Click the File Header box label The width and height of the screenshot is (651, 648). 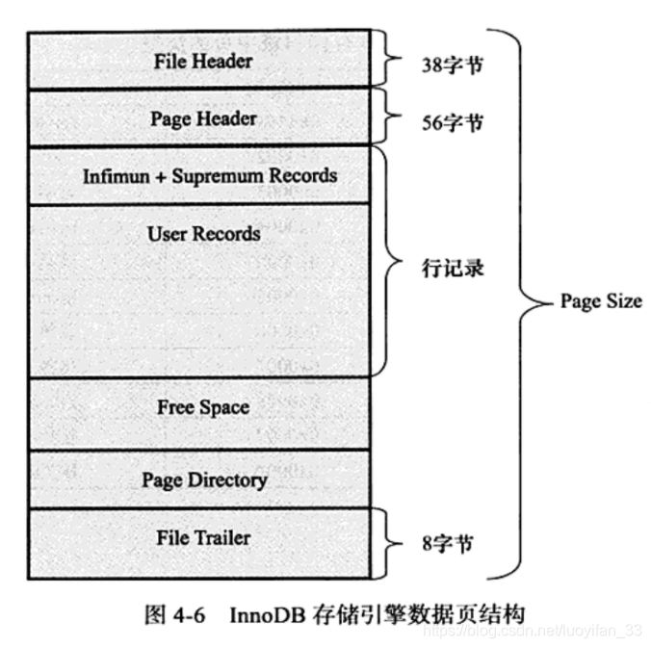click(202, 61)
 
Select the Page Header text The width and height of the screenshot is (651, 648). click(203, 118)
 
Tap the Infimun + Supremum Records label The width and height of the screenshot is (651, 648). click(210, 176)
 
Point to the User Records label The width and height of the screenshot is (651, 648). click(203, 234)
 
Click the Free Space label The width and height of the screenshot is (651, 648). click(203, 407)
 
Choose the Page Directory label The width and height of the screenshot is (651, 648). click(204, 479)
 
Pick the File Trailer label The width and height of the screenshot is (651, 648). click(203, 537)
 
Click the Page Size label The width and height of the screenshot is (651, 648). click(601, 301)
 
